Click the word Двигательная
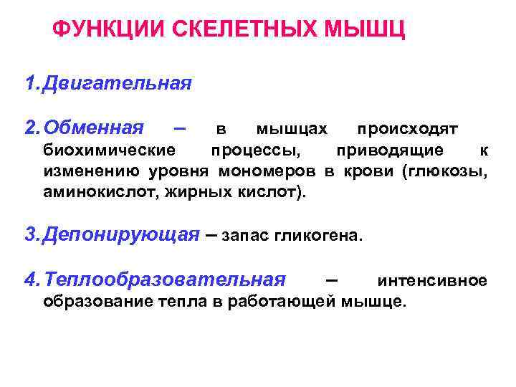pos(117,84)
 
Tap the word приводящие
pos(400,150)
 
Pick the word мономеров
pos(277,171)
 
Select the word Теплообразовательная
pos(164,280)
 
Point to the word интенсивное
pos(432,280)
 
